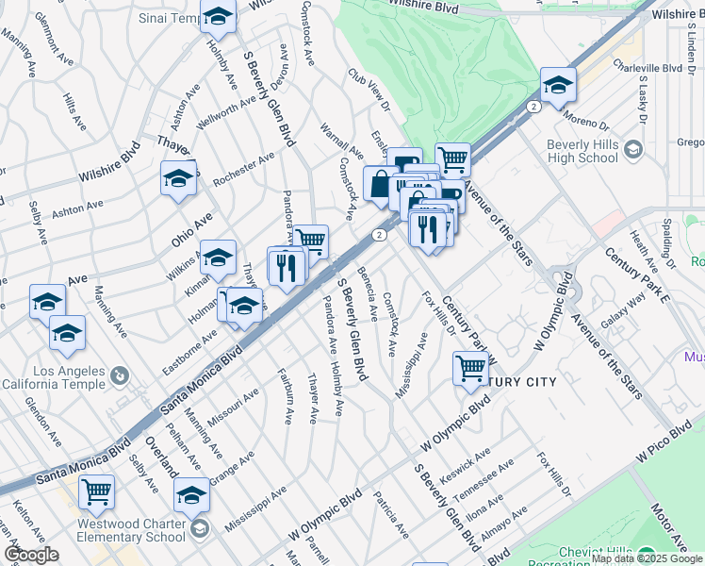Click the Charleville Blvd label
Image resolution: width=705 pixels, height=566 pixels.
coord(647,68)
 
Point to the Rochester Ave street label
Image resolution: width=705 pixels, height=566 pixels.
coord(242,167)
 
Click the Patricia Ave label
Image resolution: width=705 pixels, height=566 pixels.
coord(390,513)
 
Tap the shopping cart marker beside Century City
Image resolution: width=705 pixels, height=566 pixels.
coord(470,368)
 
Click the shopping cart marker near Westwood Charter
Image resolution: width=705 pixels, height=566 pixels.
coord(96,491)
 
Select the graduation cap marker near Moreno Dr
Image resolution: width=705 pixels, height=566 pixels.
coord(557,85)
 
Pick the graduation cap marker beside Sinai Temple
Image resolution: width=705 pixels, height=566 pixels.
coord(218,17)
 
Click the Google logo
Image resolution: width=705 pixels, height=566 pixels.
coord(30,555)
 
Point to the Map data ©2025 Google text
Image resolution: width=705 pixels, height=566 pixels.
coord(647,558)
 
